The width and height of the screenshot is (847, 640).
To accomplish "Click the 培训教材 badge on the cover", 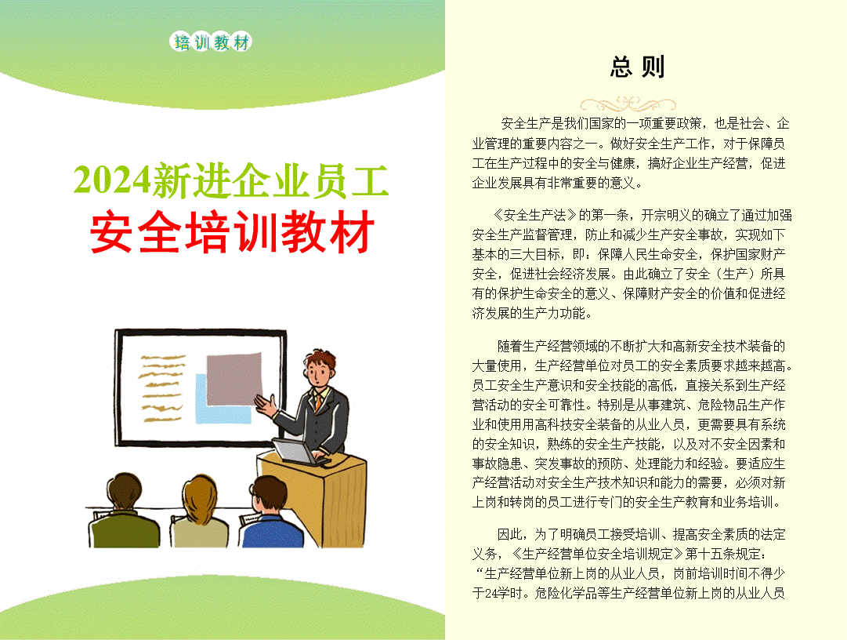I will pyautogui.click(x=212, y=42).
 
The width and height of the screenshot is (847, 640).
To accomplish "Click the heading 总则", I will pyautogui.click(x=637, y=67).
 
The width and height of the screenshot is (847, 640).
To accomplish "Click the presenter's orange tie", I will pyautogui.click(x=319, y=402).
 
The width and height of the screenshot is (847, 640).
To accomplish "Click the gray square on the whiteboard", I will pyautogui.click(x=233, y=380).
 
